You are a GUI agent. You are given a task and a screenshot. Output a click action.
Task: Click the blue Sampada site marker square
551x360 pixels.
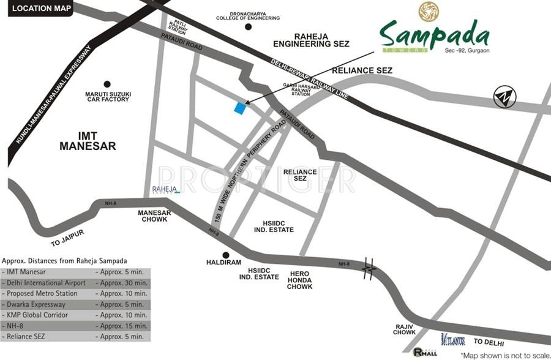tap(240, 108)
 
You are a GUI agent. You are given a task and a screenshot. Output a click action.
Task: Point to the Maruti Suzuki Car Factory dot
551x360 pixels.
tap(107, 84)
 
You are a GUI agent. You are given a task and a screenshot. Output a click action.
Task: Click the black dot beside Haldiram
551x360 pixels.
tap(226, 255)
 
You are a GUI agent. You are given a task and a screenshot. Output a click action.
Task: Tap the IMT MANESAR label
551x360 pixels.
tap(88, 140)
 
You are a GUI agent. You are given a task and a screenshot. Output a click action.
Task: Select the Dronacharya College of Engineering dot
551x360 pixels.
tap(248, 28)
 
